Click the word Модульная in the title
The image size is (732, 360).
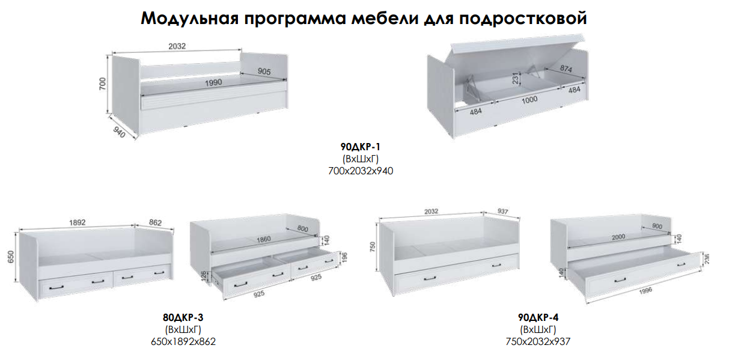[190, 19]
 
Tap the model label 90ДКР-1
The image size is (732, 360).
[361, 147]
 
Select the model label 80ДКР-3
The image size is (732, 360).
[183, 317]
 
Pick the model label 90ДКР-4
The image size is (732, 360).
[538, 317]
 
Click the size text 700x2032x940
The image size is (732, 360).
[361, 171]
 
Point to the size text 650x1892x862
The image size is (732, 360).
[183, 342]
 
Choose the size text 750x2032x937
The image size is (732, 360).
[538, 342]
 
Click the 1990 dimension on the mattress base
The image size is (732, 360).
[213, 83]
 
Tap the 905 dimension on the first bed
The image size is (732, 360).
[264, 71]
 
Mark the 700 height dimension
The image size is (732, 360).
[102, 84]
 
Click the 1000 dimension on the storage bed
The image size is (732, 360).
[529, 99]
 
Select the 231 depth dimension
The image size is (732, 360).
[516, 78]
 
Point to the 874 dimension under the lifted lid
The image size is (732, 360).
[566, 69]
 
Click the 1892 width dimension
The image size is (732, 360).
[77, 222]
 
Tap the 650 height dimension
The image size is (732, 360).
[11, 257]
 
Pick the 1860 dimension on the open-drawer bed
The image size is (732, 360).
[263, 239]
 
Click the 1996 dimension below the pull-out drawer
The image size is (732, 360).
[645, 290]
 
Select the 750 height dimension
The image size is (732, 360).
[373, 247]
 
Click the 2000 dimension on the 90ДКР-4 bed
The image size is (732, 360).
[618, 237]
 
